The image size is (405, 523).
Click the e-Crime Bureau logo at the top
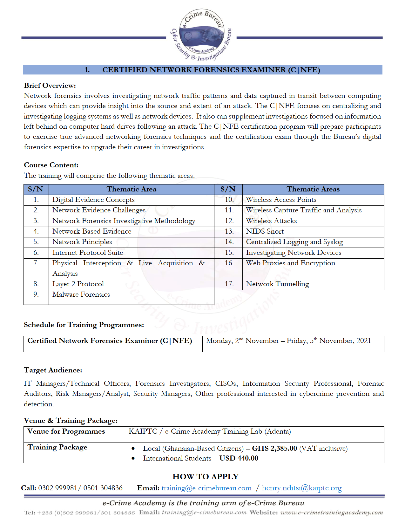(x=201, y=35)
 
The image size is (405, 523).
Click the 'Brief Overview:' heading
(x=50, y=86)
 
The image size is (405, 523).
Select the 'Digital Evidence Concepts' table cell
(x=93, y=200)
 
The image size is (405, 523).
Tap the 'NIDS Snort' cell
(x=265, y=231)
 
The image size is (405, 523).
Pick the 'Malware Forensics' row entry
(x=81, y=294)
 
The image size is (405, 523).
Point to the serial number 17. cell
(x=229, y=284)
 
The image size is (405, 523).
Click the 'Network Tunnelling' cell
(x=277, y=284)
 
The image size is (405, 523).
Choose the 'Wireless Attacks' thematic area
(x=271, y=221)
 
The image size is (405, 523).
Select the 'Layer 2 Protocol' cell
(x=78, y=284)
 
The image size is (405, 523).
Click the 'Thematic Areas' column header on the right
(x=313, y=189)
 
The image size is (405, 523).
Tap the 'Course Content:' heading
(x=51, y=165)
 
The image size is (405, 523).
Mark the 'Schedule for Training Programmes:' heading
(x=84, y=325)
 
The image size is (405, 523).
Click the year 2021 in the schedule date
(x=364, y=341)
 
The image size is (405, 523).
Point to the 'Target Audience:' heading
(x=53, y=370)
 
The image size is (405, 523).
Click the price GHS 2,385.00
(x=274, y=449)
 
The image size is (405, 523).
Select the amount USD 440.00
(x=239, y=458)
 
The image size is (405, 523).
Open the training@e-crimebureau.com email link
(x=206, y=488)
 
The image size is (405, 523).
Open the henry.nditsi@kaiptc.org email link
(x=302, y=488)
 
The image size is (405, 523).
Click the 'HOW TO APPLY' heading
(x=206, y=477)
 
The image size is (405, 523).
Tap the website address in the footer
(x=332, y=513)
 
